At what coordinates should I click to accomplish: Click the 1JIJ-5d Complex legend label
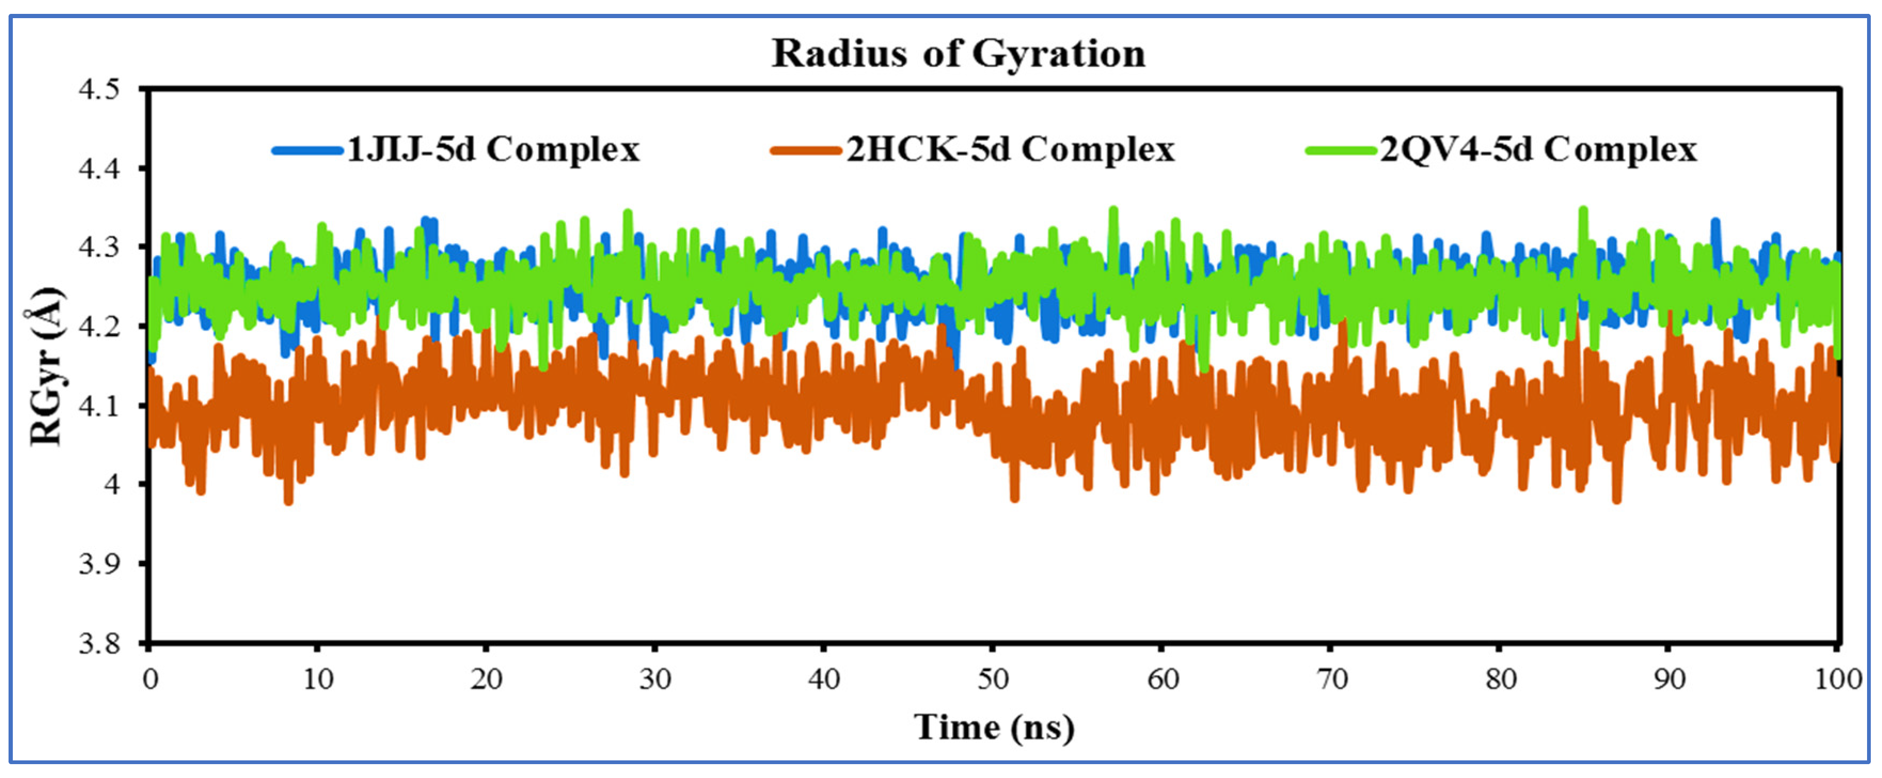point(493,150)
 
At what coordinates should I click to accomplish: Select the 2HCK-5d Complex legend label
point(1010,150)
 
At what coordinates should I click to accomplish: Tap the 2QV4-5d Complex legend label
point(1538,150)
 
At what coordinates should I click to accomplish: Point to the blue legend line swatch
point(307,151)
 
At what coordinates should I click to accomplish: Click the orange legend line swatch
point(806,151)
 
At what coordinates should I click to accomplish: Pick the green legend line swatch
point(1341,151)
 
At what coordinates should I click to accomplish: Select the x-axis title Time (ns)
point(994,727)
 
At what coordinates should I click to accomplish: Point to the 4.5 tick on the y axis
point(99,90)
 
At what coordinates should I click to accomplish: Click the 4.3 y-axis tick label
point(99,248)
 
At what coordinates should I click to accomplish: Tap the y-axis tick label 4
point(111,485)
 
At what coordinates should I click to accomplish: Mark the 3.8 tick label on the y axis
point(99,644)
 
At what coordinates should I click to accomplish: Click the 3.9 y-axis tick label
point(99,564)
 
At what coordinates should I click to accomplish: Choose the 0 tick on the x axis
point(150,679)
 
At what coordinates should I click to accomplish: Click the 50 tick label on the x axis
point(993,679)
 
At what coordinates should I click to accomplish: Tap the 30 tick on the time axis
point(655,679)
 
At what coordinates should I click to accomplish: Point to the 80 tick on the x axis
point(1500,679)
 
